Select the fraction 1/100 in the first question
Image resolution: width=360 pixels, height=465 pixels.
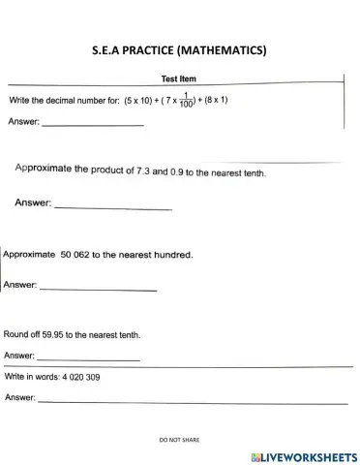187,100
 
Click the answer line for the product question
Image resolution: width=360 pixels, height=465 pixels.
113,208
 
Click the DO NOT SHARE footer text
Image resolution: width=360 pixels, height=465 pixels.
179,439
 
